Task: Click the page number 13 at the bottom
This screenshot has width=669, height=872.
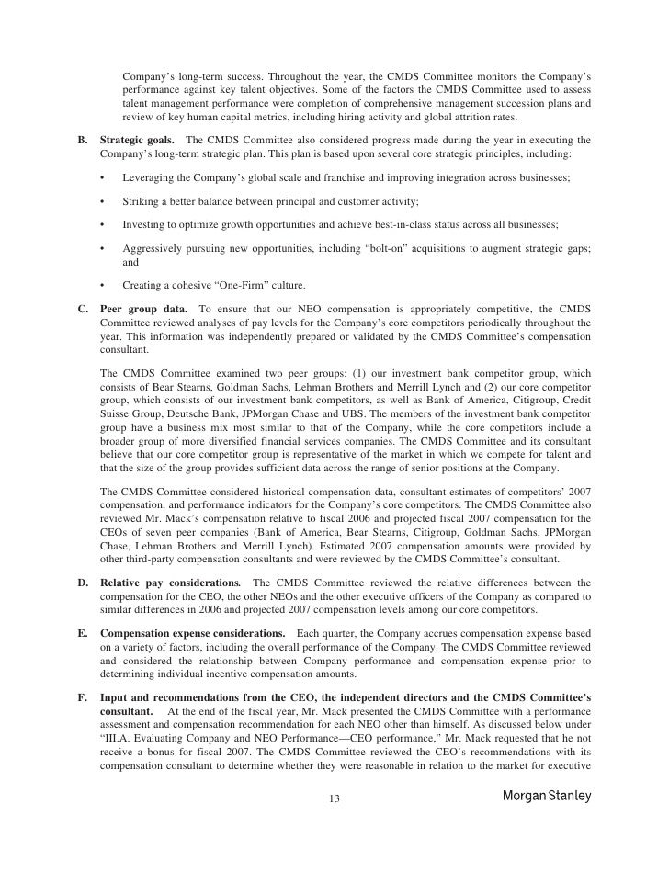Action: click(334, 797)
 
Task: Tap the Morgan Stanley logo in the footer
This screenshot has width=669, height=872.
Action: click(548, 796)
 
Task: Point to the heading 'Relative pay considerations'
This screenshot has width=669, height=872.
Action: click(170, 583)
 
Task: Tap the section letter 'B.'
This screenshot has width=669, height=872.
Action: click(81, 139)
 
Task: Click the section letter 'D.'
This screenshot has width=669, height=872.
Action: click(81, 583)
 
